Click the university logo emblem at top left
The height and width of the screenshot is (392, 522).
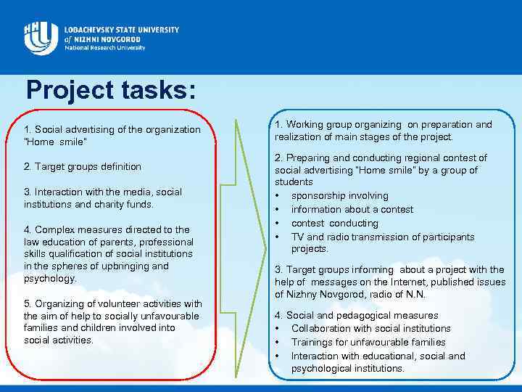click(x=39, y=37)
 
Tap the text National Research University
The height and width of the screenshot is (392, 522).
click(x=104, y=48)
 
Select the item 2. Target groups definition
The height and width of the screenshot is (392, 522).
click(x=83, y=166)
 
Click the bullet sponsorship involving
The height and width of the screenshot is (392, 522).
click(x=339, y=195)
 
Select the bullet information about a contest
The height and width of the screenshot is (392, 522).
click(x=352, y=209)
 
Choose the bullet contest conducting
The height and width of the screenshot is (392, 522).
click(x=334, y=223)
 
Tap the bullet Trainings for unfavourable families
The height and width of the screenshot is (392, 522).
click(x=368, y=342)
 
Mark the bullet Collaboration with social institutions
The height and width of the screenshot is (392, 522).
click(x=370, y=328)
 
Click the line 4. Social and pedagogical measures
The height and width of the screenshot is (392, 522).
click(x=356, y=315)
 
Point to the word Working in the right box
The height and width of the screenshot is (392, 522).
click(x=306, y=124)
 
